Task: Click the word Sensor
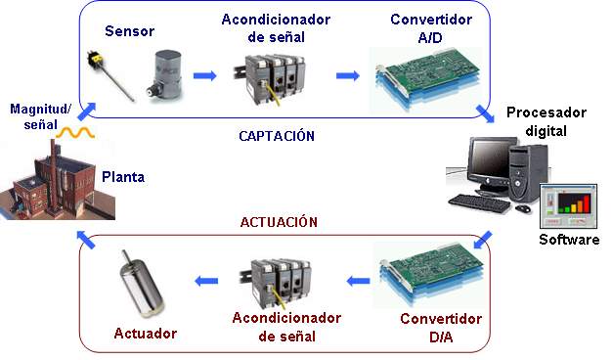[x=131, y=30]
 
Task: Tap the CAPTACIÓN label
[x=277, y=136]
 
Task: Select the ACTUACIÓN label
[x=279, y=222]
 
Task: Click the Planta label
[x=123, y=177]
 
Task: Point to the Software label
[x=569, y=240]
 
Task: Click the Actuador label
[x=146, y=334]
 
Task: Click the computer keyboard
[x=486, y=202]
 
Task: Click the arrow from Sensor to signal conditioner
[x=203, y=75]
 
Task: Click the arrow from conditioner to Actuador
[x=205, y=282]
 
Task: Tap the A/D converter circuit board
[x=422, y=71]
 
